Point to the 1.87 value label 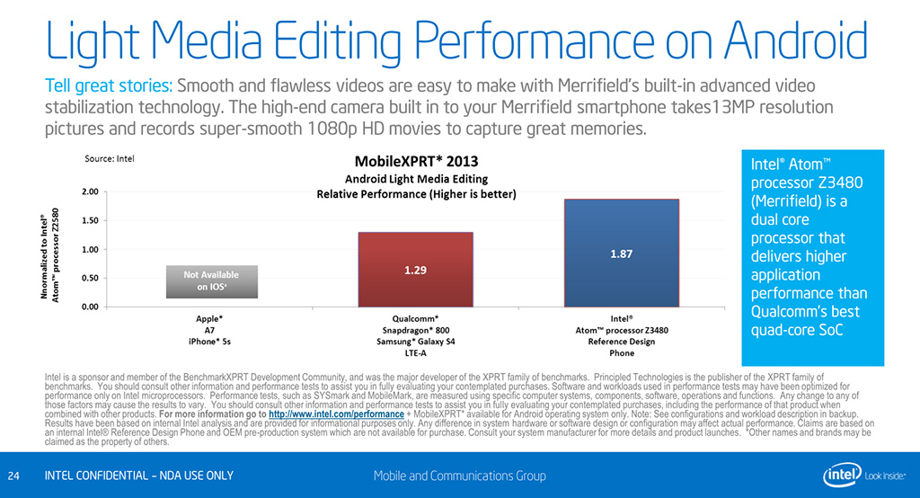tap(622, 254)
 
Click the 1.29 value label tap(414, 270)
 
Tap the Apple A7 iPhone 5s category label tap(209, 329)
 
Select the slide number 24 tap(13, 476)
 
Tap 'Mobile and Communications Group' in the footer tap(459, 476)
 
